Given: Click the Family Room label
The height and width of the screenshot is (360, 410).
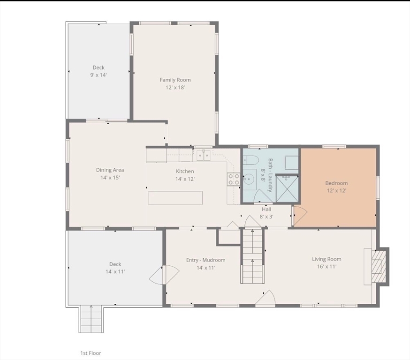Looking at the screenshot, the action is (x=175, y=80).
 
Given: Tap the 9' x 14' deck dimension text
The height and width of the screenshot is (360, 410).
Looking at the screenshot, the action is (x=99, y=75).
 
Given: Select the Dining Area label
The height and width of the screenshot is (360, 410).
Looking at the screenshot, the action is (x=110, y=170).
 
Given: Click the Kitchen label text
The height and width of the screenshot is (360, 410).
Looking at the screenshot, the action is (x=185, y=172).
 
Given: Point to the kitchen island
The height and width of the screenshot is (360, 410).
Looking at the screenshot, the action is (x=175, y=198).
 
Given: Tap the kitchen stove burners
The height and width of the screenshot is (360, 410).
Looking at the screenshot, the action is (x=234, y=179).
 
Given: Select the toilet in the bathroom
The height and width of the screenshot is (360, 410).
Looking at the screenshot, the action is (x=251, y=160).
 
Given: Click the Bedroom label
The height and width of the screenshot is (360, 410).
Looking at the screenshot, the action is (x=336, y=183).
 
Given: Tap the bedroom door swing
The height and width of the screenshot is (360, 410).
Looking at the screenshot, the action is (x=300, y=215).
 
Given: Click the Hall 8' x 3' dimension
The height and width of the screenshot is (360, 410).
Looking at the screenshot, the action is (x=266, y=217).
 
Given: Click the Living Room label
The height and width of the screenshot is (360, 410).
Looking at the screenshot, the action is (x=326, y=259).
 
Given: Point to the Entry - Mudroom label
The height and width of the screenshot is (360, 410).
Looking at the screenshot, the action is (x=206, y=260).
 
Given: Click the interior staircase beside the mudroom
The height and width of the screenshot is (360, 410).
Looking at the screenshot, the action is (x=252, y=256).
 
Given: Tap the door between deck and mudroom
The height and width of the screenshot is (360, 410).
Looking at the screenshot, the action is (x=164, y=275).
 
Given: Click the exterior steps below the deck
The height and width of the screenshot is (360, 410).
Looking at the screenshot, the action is (x=91, y=318).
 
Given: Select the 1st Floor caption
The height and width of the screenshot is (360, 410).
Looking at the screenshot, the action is (x=91, y=353).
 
